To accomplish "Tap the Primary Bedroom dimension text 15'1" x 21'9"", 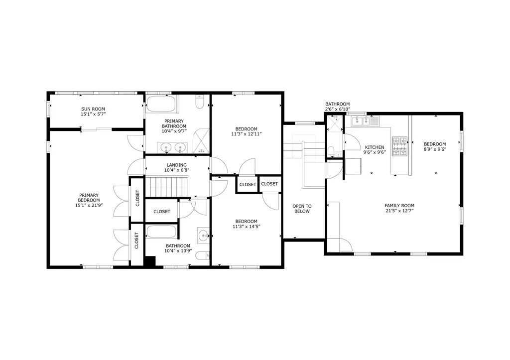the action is tap(89, 205).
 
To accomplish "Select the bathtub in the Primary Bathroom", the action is tap(161, 104).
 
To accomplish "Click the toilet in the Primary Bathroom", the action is tap(199, 102).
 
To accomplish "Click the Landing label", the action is tap(177, 165).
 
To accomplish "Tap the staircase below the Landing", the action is tap(167, 187).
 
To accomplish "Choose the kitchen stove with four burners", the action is tap(400, 146).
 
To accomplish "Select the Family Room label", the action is tap(399, 206).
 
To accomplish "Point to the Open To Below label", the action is tap(302, 209).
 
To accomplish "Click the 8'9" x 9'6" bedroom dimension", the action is tap(435, 149).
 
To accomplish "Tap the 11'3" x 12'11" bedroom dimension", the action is tap(247, 134).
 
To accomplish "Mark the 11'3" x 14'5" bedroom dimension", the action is tap(247, 227).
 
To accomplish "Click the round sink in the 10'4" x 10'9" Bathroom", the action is tap(204, 235).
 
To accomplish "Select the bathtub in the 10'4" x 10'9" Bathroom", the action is tap(161, 232).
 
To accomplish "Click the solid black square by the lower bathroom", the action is tap(150, 262).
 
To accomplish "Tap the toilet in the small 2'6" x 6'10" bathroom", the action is tap(331, 151).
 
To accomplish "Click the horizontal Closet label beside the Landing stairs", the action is tap(162, 212).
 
